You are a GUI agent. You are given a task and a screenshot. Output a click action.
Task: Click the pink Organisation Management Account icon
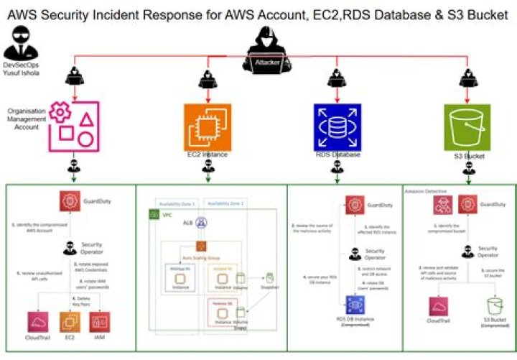point(75,125)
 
